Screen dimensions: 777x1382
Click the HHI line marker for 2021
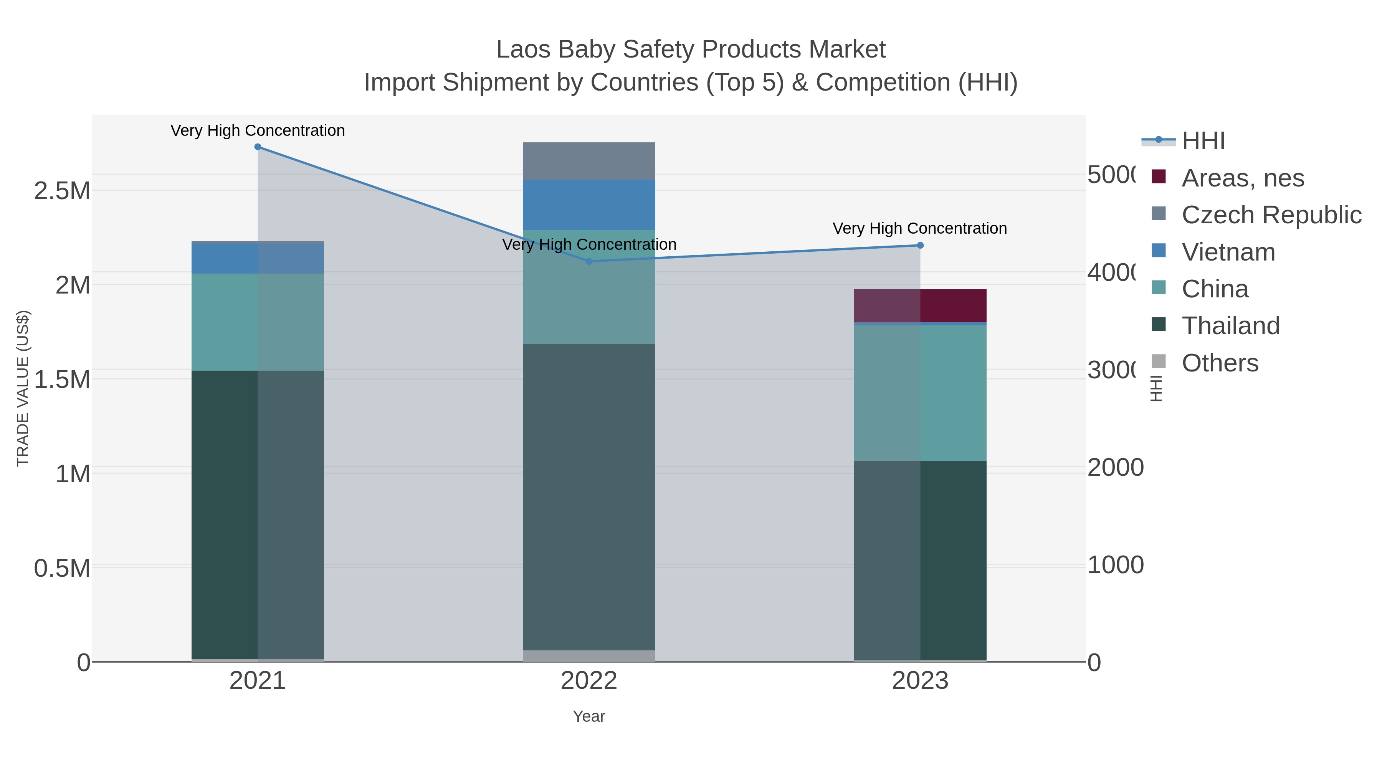point(258,147)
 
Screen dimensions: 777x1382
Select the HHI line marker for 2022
point(589,261)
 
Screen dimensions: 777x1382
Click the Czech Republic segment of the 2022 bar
point(589,161)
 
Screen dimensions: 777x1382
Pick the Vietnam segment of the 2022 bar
point(589,205)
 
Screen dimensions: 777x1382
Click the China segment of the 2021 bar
point(258,322)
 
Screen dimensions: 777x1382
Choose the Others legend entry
point(1220,363)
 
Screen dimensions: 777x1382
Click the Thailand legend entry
point(1230,326)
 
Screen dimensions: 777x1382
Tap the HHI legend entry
point(1203,141)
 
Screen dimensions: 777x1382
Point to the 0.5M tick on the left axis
point(62,568)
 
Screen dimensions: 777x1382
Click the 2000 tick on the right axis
point(1115,468)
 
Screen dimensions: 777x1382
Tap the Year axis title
point(589,716)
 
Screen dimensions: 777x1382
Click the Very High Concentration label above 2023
point(919,228)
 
